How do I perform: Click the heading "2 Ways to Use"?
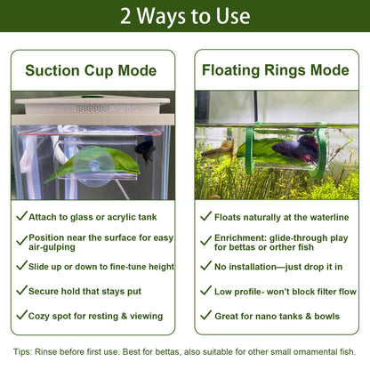point(185,16)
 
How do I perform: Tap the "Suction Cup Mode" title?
point(91,70)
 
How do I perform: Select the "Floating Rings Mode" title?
point(276,70)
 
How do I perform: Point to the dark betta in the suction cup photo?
point(145,149)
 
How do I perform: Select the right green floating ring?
point(321,151)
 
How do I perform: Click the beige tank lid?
point(92,109)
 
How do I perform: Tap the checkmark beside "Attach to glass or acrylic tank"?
point(22,216)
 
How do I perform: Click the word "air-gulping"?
point(52,247)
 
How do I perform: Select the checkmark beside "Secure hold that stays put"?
point(22,290)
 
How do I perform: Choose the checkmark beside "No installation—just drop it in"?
point(206,266)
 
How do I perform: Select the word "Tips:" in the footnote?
point(22,352)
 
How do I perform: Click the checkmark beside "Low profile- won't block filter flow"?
point(206,290)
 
